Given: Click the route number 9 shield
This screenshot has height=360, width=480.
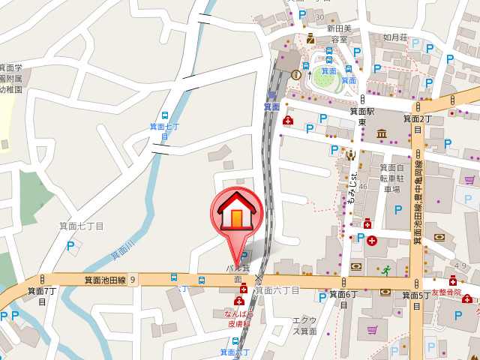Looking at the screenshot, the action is (x=133, y=280).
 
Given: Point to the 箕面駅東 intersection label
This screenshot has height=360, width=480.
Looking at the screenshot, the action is (x=361, y=116).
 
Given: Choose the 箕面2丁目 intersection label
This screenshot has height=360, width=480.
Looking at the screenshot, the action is (x=418, y=118).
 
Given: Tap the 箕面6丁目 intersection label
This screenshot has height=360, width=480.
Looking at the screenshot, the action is (x=343, y=299).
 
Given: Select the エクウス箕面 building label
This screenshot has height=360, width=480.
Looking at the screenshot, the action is (x=304, y=325).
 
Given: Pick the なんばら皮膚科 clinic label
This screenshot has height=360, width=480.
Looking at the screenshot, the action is (x=239, y=319).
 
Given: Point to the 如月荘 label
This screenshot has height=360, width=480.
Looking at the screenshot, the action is (x=394, y=36).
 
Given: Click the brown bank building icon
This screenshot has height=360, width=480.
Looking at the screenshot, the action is (x=382, y=133).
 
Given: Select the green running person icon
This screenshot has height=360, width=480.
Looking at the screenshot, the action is (x=386, y=270).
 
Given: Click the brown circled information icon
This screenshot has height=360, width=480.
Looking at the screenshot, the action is (x=296, y=74).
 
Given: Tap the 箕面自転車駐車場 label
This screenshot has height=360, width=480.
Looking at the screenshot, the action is (x=392, y=178).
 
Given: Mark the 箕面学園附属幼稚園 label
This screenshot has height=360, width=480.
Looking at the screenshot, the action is (x=11, y=78).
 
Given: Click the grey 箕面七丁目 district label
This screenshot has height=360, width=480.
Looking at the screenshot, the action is (x=85, y=225).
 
